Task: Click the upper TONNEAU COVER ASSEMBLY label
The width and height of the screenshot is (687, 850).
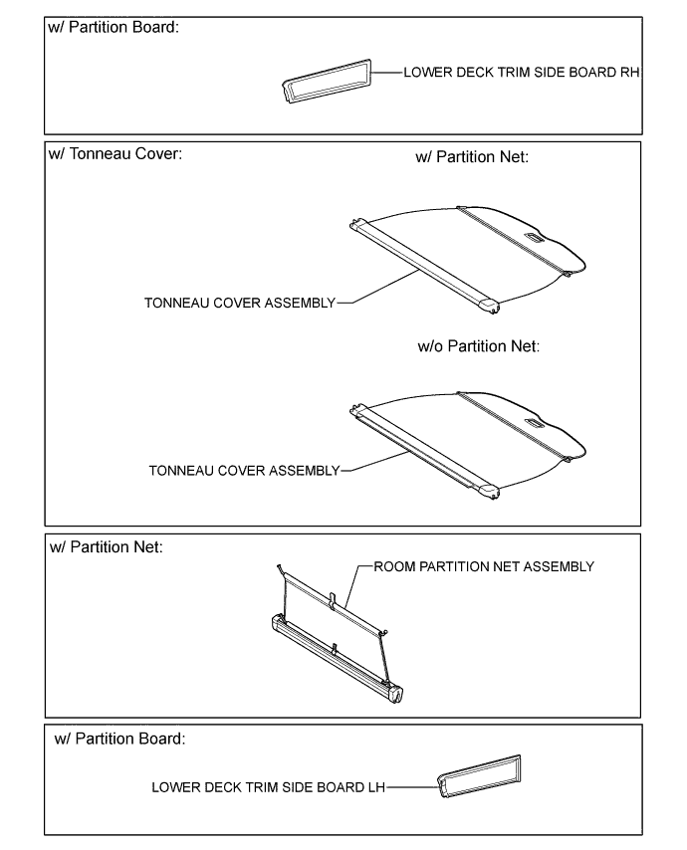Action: coord(240,302)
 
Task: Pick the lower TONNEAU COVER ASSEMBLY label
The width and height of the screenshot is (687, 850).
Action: coord(244,469)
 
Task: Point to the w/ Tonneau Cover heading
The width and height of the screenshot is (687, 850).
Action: coord(115,156)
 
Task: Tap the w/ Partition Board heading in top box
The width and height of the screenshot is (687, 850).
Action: coord(114,27)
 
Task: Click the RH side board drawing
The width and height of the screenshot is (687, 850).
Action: coord(326,81)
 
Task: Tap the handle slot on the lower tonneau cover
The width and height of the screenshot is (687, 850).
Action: coord(534,422)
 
